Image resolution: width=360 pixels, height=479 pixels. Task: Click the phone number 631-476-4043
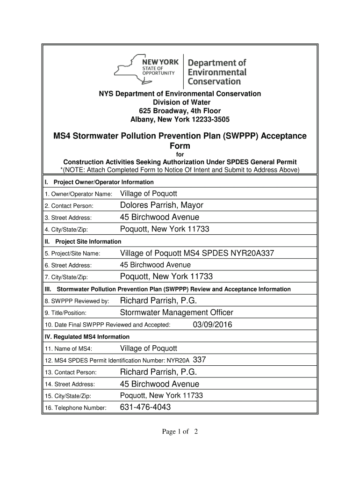145,407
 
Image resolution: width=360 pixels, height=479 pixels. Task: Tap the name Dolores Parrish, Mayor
162,205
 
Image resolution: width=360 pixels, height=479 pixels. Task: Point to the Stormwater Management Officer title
177,312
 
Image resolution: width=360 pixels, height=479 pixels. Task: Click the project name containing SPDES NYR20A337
197,253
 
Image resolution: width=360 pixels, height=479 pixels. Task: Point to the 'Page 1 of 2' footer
180,432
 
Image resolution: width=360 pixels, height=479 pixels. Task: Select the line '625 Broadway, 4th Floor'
180,111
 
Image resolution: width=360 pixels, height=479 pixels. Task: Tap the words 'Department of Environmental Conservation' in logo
217,72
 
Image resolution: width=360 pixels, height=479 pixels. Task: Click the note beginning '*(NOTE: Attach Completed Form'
180,169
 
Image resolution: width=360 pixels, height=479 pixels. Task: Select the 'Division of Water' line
180,102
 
